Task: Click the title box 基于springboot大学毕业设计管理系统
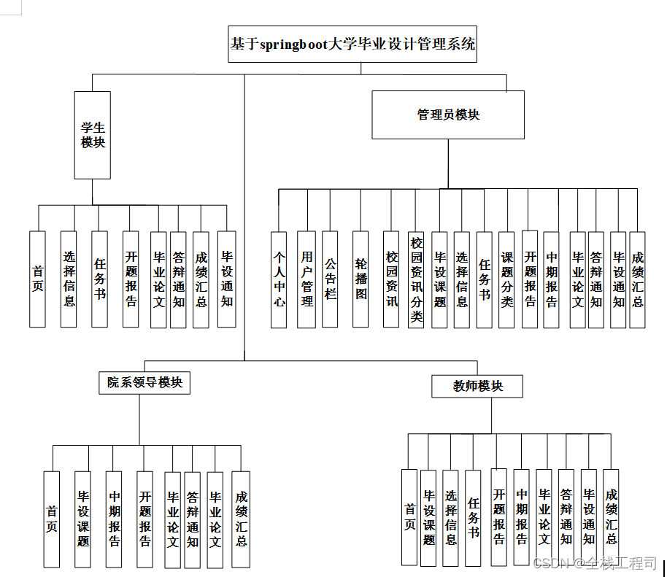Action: [353, 44]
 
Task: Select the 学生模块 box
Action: [93, 135]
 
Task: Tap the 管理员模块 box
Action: [448, 115]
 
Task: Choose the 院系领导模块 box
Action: [144, 382]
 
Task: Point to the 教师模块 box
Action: [478, 386]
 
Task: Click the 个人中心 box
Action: [279, 279]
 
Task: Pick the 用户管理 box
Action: [307, 279]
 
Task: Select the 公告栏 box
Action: [330, 279]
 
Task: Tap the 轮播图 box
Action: [361, 279]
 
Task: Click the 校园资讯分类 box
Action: [416, 279]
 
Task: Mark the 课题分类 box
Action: [507, 279]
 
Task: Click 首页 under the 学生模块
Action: [37, 279]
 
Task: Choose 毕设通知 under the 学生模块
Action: [227, 279]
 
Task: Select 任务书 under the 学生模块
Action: [99, 279]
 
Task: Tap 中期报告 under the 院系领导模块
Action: [115, 519]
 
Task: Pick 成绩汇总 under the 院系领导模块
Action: [241, 519]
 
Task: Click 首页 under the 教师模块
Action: [409, 517]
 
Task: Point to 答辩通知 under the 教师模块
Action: [566, 517]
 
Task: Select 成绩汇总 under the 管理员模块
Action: [638, 279]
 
